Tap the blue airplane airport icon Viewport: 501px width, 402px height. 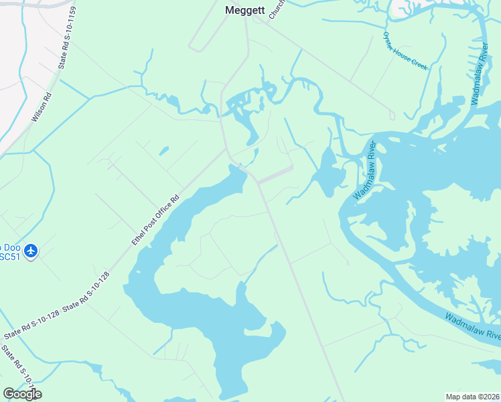click(x=30, y=251)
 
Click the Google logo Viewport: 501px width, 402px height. click(x=22, y=394)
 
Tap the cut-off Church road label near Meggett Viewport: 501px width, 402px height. click(x=276, y=9)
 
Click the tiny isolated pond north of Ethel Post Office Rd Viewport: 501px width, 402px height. click(x=164, y=150)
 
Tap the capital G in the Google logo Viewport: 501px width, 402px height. click(x=9, y=394)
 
